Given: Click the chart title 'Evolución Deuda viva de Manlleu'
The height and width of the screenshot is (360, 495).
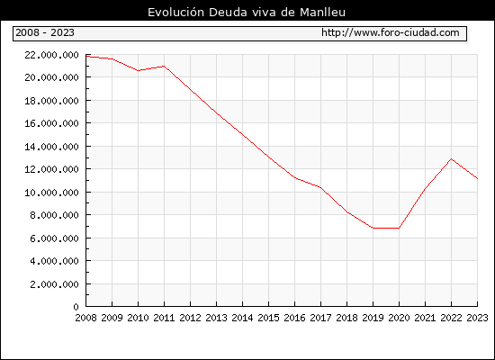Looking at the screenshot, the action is pyautogui.click(x=247, y=13).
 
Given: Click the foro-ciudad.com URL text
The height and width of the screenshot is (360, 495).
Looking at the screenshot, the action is pyautogui.click(x=391, y=32).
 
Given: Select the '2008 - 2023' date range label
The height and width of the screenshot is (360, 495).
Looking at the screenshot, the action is pyautogui.click(x=45, y=32).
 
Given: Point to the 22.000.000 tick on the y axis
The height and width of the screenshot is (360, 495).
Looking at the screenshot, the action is pyautogui.click(x=51, y=55).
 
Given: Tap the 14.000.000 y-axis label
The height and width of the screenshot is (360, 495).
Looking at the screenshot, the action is pyautogui.click(x=51, y=147).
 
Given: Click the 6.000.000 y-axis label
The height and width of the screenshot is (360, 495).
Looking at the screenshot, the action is pyautogui.click(x=54, y=238).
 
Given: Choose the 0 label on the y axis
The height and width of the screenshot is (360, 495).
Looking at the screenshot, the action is pyautogui.click(x=76, y=307).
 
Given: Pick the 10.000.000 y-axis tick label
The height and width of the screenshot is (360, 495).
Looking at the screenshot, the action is pyautogui.click(x=51, y=193).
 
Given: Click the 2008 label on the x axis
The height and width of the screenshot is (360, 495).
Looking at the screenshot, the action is pyautogui.click(x=85, y=318).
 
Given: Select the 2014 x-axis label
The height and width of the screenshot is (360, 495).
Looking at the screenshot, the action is pyautogui.click(x=242, y=318).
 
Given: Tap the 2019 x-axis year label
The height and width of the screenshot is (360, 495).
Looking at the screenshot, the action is pyautogui.click(x=373, y=318).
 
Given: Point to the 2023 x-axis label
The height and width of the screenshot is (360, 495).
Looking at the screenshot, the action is pyautogui.click(x=477, y=318).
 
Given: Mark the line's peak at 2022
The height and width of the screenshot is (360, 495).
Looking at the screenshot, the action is pyautogui.click(x=452, y=158).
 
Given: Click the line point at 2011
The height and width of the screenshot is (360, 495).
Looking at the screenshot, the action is pyautogui.click(x=164, y=66).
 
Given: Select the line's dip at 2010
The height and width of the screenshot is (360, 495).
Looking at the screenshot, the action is pyautogui.click(x=139, y=71).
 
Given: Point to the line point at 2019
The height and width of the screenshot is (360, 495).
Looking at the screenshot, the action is pyautogui.click(x=373, y=228).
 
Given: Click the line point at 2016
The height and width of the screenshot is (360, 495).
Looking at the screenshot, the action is pyautogui.click(x=295, y=177).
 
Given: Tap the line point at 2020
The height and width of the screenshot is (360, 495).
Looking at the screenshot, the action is pyautogui.click(x=399, y=228).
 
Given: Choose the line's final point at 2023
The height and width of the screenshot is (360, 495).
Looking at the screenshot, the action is pyautogui.click(x=477, y=179).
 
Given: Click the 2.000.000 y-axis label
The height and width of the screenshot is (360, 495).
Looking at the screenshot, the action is pyautogui.click(x=54, y=284).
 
